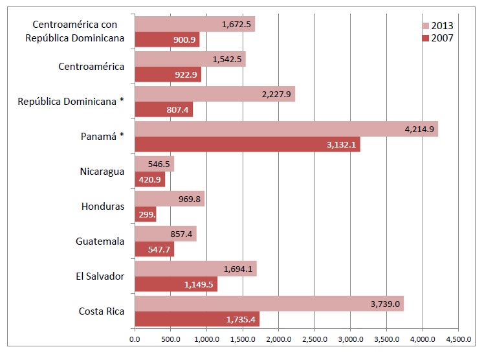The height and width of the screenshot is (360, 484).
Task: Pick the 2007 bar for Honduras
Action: pyautogui.click(x=145, y=214)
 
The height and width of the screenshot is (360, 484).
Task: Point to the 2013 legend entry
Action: pyautogui.click(x=438, y=26)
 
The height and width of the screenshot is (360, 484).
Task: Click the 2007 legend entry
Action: pyautogui.click(x=438, y=38)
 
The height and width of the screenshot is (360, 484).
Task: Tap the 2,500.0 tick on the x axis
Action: pyautogui.click(x=314, y=338)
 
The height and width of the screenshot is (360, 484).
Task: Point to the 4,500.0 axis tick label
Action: pyautogui.click(x=458, y=338)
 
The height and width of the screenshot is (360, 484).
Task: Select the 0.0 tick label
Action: pyautogui.click(x=135, y=338)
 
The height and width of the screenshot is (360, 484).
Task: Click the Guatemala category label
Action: pyautogui.click(x=100, y=242)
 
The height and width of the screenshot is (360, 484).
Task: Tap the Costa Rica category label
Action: pyautogui.click(x=102, y=311)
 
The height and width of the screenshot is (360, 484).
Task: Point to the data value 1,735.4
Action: pyautogui.click(x=241, y=319)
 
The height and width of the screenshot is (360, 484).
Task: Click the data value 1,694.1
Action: pyautogui.click(x=238, y=269)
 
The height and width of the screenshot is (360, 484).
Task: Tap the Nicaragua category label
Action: pyautogui.click(x=102, y=172)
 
